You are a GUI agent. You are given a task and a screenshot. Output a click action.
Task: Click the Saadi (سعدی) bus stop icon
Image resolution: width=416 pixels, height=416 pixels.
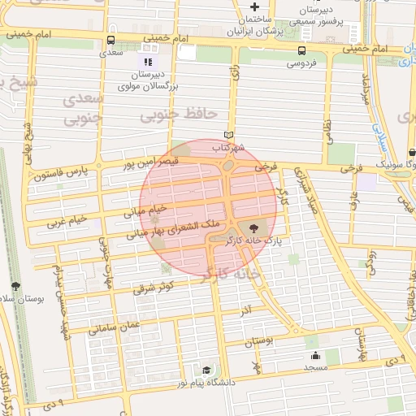[111, 39]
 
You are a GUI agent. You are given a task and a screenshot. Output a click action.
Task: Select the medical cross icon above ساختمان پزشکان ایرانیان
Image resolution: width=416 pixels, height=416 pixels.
[254, 7]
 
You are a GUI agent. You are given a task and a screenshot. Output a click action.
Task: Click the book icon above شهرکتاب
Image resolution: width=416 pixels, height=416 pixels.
[228, 136]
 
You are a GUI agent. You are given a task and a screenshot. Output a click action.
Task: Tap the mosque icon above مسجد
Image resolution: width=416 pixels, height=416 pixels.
[314, 355]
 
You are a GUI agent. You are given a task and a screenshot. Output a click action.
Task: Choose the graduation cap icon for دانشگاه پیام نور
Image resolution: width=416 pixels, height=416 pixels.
[206, 370]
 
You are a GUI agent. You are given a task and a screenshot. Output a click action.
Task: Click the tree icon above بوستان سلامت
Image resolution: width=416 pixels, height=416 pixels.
[15, 287]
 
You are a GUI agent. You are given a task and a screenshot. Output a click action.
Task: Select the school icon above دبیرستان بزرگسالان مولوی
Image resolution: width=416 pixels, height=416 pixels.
[147, 61]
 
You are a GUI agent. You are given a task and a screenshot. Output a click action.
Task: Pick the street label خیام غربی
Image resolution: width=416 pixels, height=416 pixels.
[66, 220]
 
